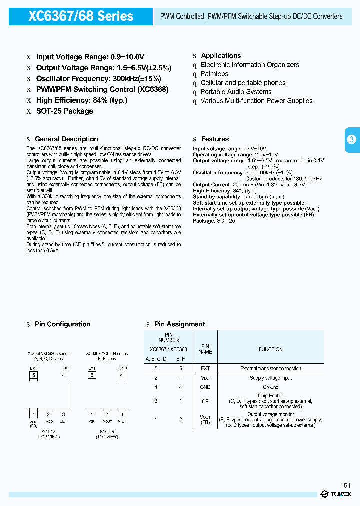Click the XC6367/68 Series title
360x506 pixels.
81,16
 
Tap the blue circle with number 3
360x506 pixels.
351,139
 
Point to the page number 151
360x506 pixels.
345,485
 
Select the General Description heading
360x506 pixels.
66,139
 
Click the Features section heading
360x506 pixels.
215,139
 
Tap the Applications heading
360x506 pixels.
221,56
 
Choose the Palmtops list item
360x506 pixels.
214,74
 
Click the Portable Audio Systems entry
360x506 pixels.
236,92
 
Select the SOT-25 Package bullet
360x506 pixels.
64,111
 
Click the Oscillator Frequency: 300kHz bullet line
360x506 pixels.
98,79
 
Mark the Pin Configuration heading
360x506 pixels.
62,324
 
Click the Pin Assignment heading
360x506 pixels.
179,324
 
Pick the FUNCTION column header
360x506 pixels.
271,350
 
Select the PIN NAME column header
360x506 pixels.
205,349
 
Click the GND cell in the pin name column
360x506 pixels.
205,387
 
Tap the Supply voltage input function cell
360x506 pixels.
271,378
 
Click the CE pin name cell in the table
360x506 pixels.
205,401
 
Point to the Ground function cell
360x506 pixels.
271,387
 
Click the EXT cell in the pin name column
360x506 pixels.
205,368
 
